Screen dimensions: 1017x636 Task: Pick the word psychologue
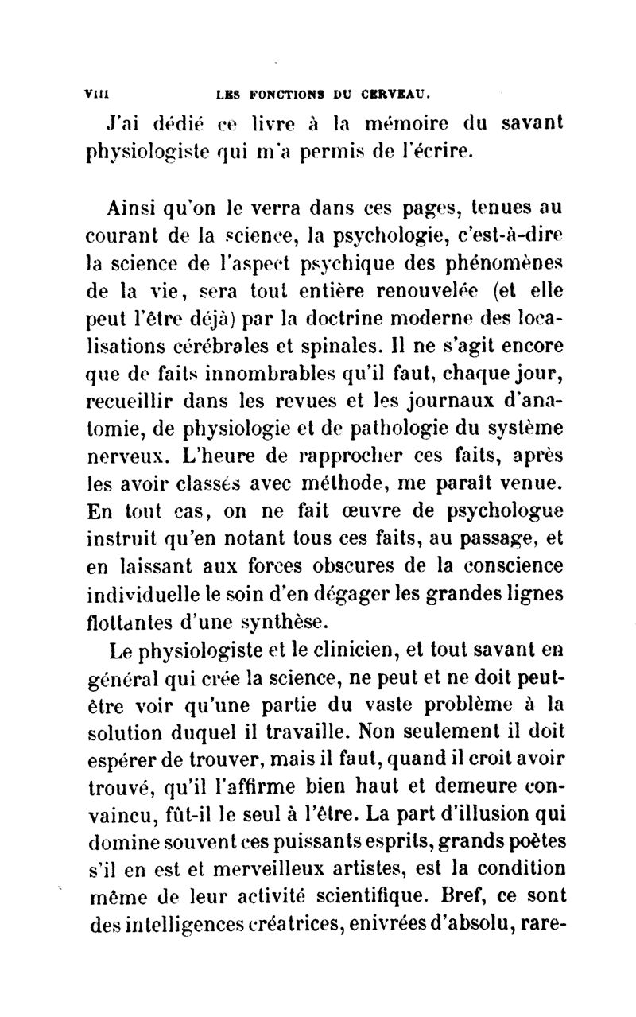tap(492, 513)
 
